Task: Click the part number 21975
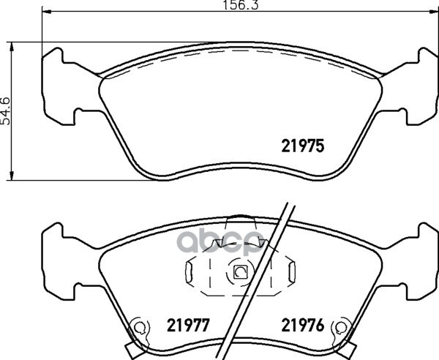click(x=303, y=146)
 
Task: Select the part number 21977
click(x=188, y=326)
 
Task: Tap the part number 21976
click(x=303, y=326)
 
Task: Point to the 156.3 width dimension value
click(x=241, y=5)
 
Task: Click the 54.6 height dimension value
click(x=6, y=111)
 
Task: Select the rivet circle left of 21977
click(x=139, y=326)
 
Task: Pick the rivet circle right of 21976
click(x=340, y=326)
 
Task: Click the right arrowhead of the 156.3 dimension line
click(x=434, y=12)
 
